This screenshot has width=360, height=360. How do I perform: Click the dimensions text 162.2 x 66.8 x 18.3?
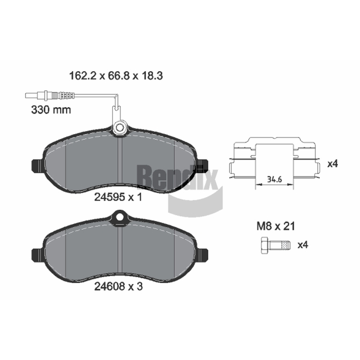pos(116,76)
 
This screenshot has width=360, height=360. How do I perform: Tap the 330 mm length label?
pos(51,110)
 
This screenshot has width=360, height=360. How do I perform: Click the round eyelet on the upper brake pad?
pos(120,128)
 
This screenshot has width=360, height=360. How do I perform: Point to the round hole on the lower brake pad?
pos(120,217)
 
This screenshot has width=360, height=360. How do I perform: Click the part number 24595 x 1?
pos(118,197)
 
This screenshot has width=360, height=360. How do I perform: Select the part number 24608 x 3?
pos(118,286)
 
